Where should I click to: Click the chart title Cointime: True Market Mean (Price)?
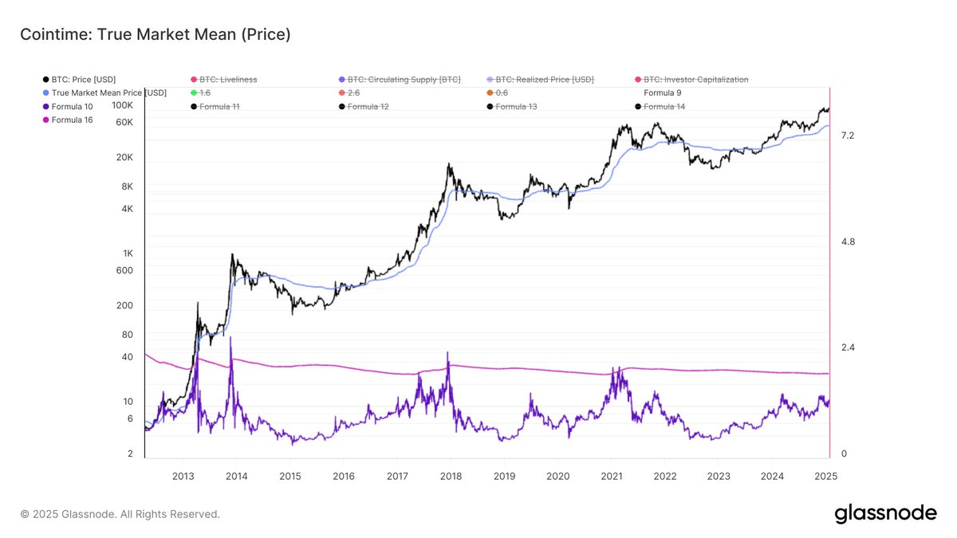[155, 34]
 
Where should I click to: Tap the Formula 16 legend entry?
[72, 120]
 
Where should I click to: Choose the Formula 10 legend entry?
[72, 106]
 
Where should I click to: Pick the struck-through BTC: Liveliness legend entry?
[228, 80]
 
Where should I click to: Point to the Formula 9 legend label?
[663, 92]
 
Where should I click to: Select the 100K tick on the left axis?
[122, 105]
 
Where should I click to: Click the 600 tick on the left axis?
[124, 270]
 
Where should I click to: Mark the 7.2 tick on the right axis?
[847, 136]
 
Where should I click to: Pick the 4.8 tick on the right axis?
[847, 242]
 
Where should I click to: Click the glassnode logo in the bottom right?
[885, 514]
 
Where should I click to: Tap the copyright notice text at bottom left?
[120, 514]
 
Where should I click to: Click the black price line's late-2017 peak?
[449, 164]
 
